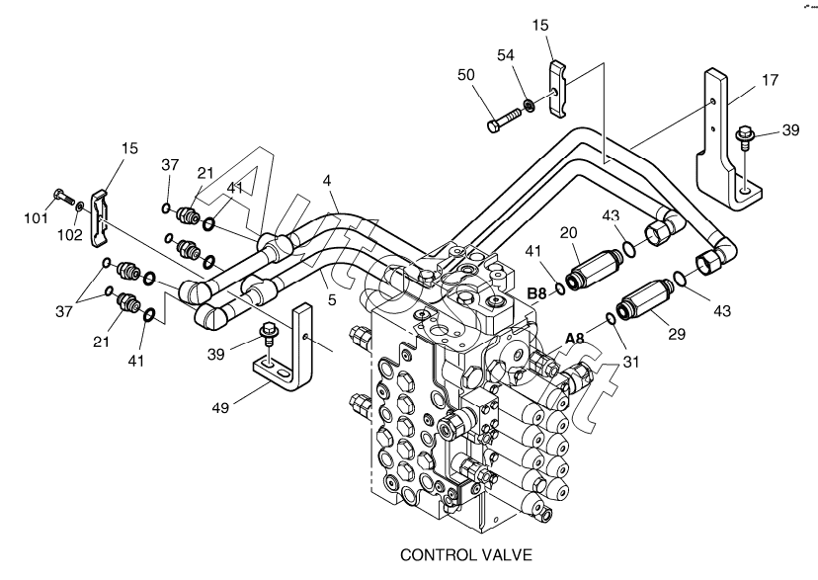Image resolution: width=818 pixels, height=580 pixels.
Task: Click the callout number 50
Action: coord(465,75)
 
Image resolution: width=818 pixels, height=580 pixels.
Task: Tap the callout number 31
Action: coord(631,361)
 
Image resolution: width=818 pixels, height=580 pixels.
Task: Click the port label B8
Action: coord(536,293)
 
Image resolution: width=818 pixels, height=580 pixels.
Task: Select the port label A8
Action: coord(575,339)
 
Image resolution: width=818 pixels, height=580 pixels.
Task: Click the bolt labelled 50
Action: coord(503,118)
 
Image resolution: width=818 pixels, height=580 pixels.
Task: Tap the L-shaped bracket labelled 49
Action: coord(291,351)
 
